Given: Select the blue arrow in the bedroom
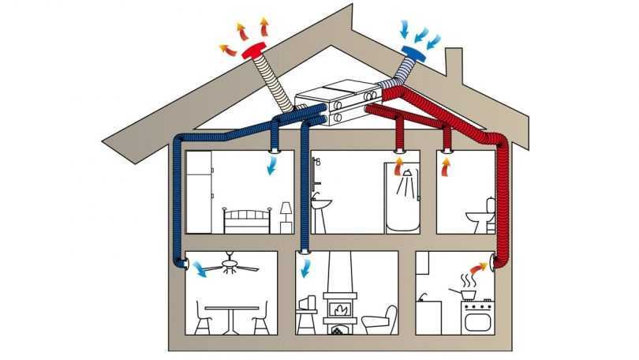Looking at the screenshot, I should point(272,167).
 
